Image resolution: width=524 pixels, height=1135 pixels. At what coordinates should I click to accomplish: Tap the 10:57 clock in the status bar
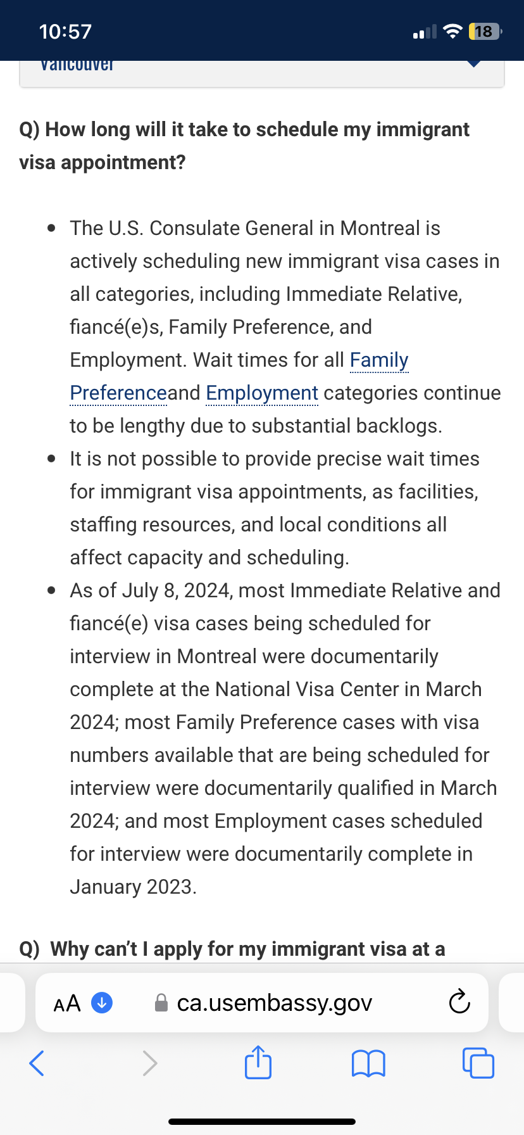coord(65,32)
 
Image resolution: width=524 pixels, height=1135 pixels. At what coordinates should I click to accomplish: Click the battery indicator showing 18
coord(484,32)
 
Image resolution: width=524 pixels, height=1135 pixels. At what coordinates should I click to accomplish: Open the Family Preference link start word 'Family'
coord(379,360)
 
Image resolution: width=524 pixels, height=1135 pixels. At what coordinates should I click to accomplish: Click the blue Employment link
coord(262,393)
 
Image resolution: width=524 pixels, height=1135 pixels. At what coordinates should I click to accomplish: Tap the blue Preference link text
coord(118,393)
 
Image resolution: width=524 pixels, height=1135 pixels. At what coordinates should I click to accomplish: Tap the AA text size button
coord(67,1003)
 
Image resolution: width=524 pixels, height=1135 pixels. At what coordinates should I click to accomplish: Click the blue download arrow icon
coord(102,1003)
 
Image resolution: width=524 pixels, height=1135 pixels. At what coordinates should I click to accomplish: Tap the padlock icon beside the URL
coord(161,1003)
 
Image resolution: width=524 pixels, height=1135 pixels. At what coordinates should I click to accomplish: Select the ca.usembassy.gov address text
coord(274,1003)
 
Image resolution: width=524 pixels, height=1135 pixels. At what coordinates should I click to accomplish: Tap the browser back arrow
coord(37,1063)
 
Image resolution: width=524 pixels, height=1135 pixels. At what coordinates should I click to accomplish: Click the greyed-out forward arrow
coord(149,1063)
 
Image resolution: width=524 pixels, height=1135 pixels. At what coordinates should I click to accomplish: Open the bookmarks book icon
coord(368,1063)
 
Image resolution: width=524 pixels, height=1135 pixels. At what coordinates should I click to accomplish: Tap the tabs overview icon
coord(478,1063)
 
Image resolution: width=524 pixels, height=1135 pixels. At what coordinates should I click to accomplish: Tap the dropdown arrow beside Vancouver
coord(473,64)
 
